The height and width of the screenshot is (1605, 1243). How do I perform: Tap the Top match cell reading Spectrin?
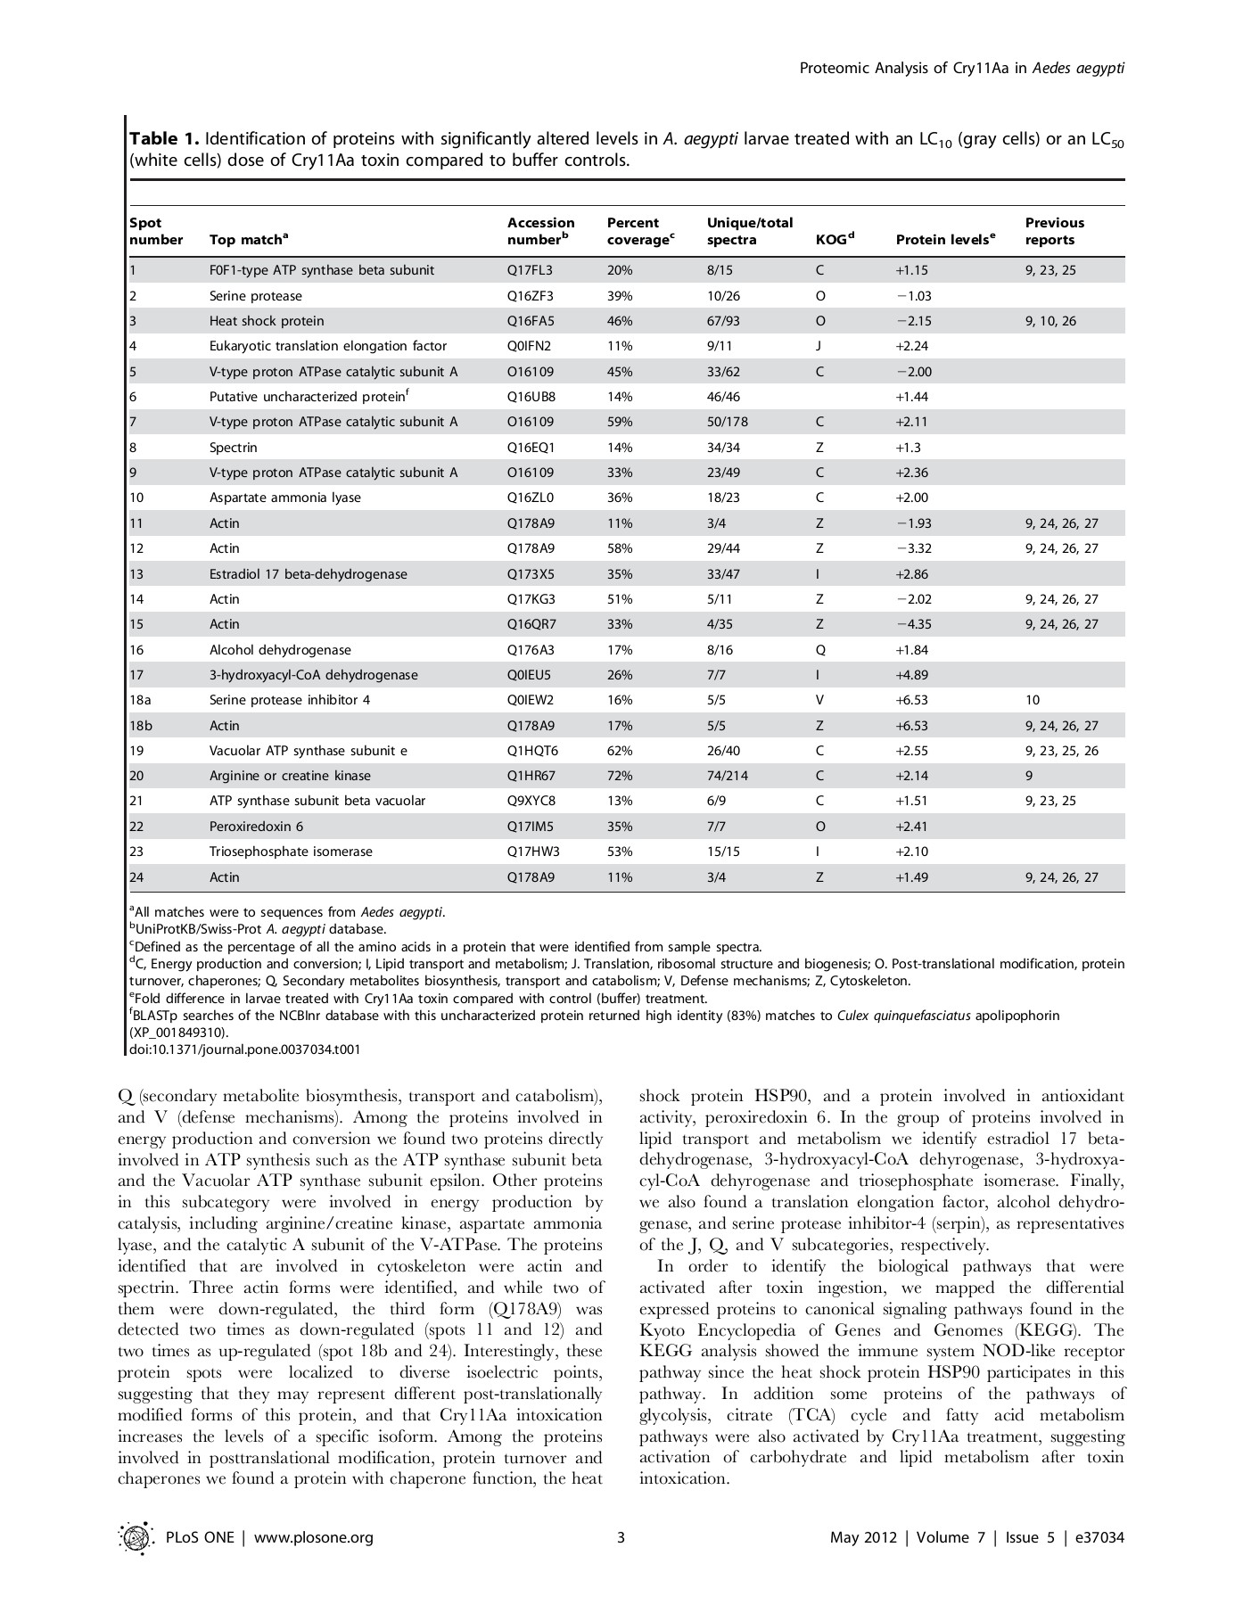pyautogui.click(x=233, y=448)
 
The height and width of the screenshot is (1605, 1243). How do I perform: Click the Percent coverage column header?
pyautogui.click(x=638, y=231)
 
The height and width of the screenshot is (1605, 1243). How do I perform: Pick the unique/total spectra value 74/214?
pyautogui.click(x=728, y=776)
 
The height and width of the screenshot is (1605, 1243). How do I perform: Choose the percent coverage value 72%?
pyautogui.click(x=620, y=776)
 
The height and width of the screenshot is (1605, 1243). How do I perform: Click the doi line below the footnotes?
pyautogui.click(x=245, y=1049)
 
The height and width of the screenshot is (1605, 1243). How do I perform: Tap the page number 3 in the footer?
pyautogui.click(x=621, y=1536)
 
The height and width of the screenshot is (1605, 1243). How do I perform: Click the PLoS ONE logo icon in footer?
pyautogui.click(x=135, y=1536)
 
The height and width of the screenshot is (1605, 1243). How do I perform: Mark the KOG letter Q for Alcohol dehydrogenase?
pyautogui.click(x=819, y=650)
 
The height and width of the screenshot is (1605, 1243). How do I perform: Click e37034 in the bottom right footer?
pyautogui.click(x=1099, y=1537)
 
